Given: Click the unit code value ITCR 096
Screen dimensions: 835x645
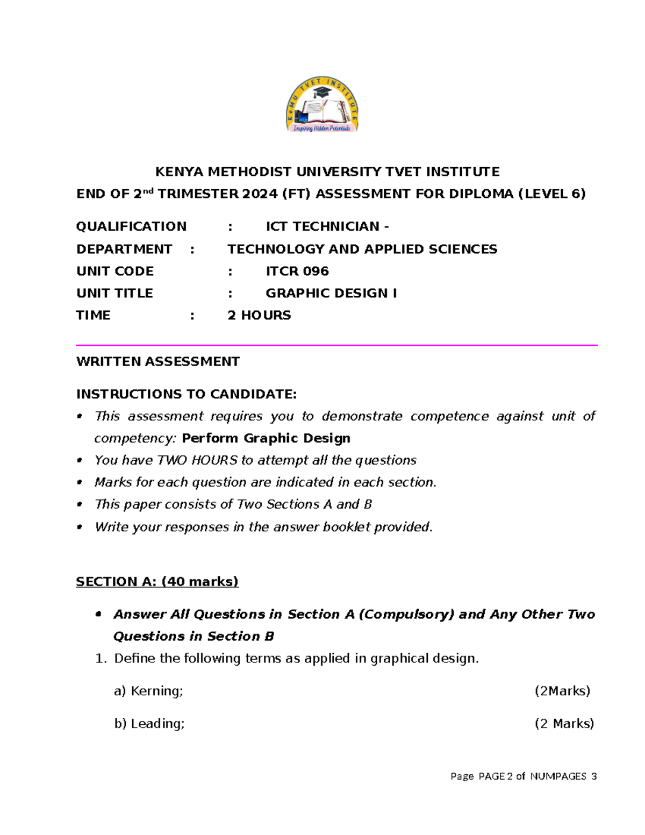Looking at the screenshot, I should point(297,271).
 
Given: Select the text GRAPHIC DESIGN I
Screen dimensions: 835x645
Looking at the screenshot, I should point(331,293).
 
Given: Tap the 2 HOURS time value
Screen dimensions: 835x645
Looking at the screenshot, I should point(259,315).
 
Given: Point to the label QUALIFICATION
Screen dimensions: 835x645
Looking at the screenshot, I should point(131,226).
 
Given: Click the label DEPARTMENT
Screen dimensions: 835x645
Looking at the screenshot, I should point(124,249).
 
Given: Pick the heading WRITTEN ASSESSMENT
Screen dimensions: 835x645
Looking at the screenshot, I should point(157,361).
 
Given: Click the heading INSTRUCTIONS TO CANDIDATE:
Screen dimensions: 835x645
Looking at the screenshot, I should point(186,394).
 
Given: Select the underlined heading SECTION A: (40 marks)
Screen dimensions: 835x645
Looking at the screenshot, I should point(157,581).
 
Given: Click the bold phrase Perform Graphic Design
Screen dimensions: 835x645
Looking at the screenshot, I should point(266,438).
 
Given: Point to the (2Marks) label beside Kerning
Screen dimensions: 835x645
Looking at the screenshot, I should point(562,691).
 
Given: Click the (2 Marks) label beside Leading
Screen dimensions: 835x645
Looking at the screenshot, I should point(564,724).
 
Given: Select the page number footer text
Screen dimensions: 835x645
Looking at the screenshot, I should point(524,776).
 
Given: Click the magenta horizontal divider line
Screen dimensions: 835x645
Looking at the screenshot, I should point(336,345).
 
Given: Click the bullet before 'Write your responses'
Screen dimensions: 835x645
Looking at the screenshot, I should point(80,527).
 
